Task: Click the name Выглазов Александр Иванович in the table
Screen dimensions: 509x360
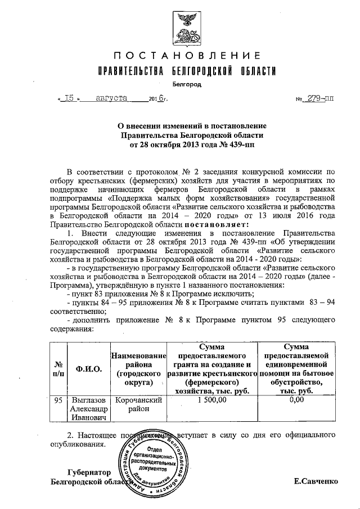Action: click(x=87, y=409)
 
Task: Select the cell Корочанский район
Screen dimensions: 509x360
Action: click(x=138, y=405)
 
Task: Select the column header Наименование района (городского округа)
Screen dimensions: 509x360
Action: click(x=138, y=369)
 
